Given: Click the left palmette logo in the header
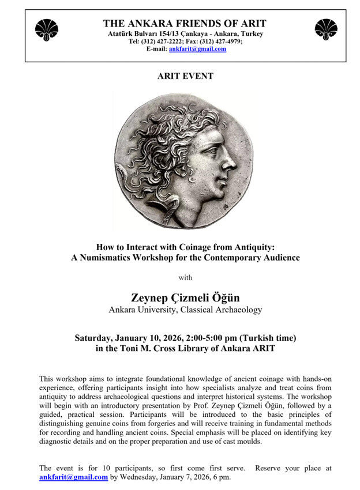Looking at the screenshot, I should tap(46, 29).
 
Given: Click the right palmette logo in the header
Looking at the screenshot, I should tap(326, 29).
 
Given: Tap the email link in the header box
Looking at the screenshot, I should tap(197, 50).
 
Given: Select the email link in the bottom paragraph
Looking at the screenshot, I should tap(73, 477).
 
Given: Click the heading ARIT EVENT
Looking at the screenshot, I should tap(185, 76).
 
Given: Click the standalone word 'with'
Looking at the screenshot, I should tap(185, 277).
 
